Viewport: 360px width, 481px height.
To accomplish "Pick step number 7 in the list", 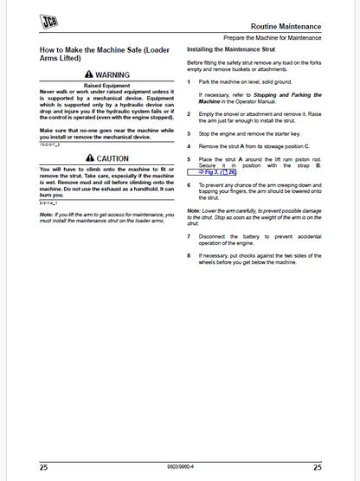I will [x=190, y=235].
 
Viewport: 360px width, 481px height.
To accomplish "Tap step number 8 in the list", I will [x=190, y=255].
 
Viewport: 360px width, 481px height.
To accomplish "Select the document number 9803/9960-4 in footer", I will [x=179, y=465].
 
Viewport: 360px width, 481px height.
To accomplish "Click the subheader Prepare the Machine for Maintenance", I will [x=284, y=39].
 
